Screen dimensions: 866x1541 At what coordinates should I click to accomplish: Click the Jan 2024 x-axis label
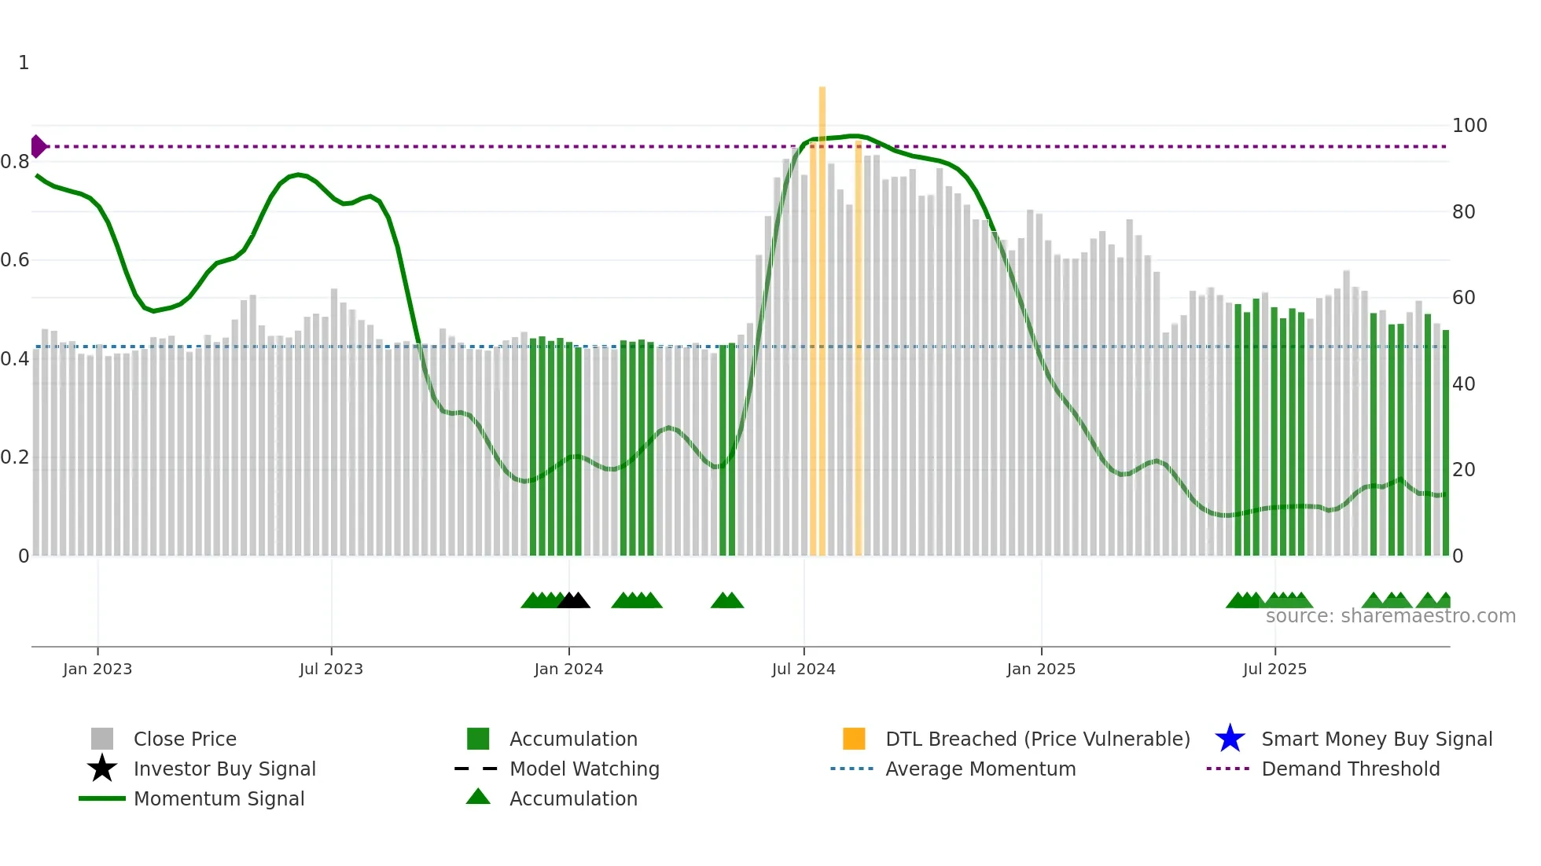[568, 669]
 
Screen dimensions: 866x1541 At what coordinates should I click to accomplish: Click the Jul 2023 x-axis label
[331, 669]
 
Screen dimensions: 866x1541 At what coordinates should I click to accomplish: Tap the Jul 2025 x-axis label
[1274, 669]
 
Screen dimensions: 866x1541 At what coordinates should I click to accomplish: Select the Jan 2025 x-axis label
[1041, 669]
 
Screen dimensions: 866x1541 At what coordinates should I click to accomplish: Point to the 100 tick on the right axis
[1469, 126]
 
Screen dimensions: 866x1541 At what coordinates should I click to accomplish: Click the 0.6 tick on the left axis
[15, 260]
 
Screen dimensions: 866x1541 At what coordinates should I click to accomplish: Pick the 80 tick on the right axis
[1463, 212]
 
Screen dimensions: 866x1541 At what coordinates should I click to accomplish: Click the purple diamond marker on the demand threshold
[38, 146]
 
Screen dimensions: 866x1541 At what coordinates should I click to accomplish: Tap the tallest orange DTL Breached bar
[822, 314]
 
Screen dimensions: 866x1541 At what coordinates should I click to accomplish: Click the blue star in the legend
[1230, 739]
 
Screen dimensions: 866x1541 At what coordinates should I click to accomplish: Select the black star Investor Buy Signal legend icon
[102, 769]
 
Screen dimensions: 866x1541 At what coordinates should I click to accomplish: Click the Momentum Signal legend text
[219, 798]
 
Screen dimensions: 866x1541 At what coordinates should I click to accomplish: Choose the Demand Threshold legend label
[1350, 769]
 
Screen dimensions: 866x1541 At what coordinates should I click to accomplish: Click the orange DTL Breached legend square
[854, 739]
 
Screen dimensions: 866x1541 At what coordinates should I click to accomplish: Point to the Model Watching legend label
[584, 769]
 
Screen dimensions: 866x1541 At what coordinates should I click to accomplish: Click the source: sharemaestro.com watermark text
[1390, 616]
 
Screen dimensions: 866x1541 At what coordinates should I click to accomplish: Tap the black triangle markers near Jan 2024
[573, 600]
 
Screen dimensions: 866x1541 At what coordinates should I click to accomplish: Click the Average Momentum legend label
[980, 769]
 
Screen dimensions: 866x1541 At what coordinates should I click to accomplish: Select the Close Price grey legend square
[102, 739]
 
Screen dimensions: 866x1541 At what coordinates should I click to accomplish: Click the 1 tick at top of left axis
[24, 63]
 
